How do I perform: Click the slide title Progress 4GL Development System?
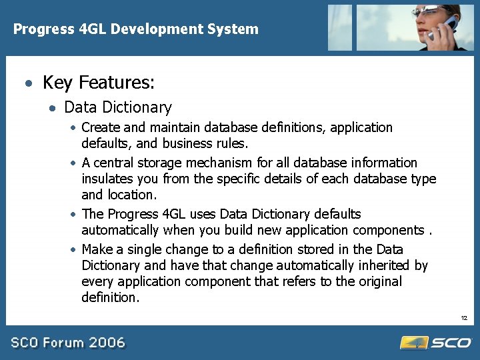tap(136, 29)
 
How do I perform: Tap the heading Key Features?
tap(99, 83)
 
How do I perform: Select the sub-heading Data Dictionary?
tap(118, 107)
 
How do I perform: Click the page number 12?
tap(463, 317)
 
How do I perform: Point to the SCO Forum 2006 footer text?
tap(68, 343)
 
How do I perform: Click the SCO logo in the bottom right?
tap(436, 343)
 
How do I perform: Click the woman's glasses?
tap(427, 11)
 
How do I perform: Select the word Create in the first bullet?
tap(101, 127)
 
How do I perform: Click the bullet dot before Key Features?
tap(27, 85)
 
